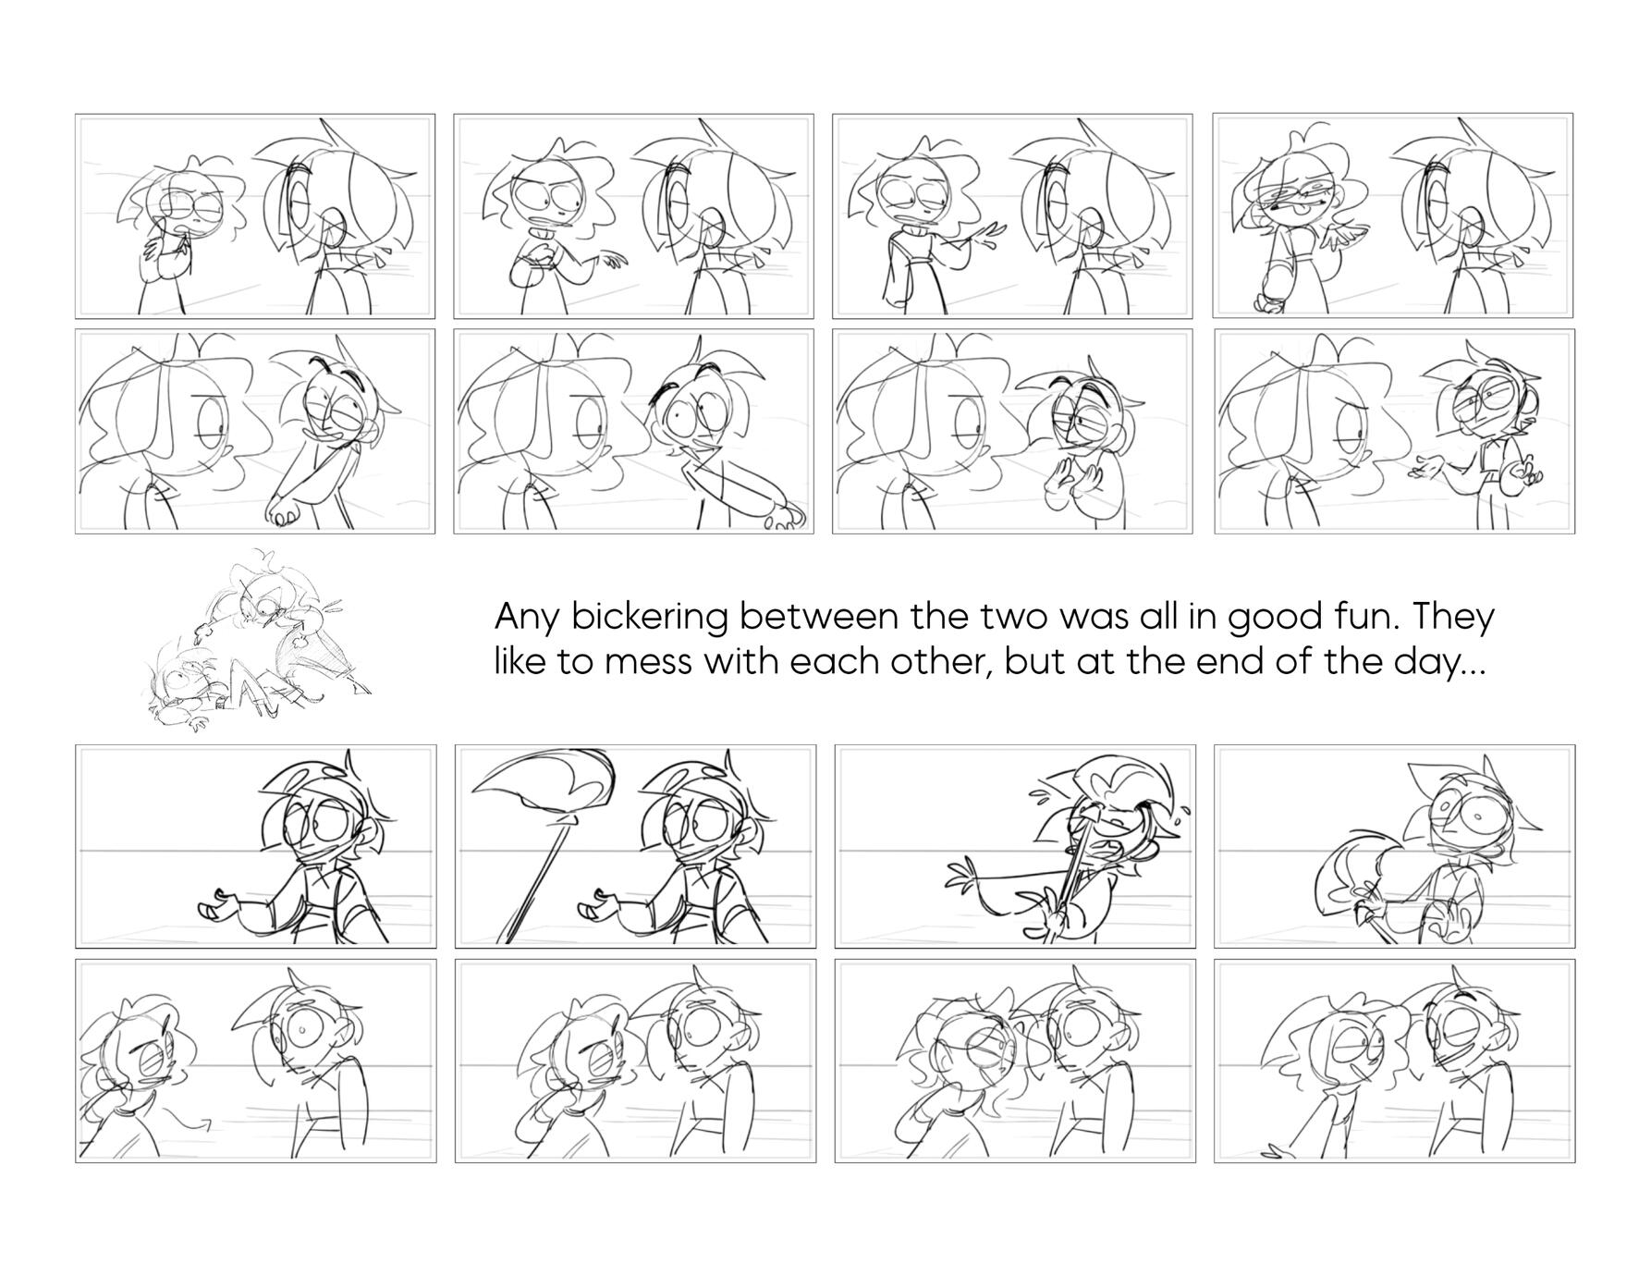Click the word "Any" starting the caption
point(528,618)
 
